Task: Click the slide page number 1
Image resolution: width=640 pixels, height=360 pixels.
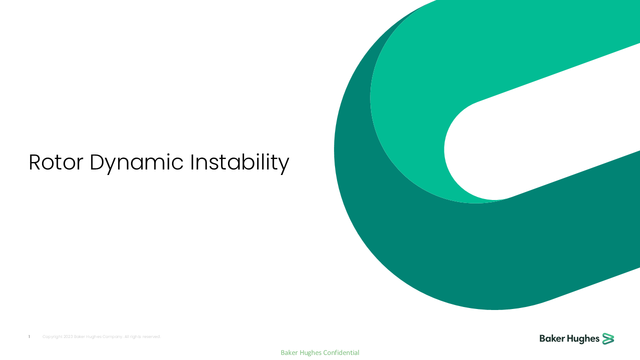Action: click(x=29, y=337)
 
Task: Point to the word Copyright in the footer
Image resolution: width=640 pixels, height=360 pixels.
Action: click(x=52, y=337)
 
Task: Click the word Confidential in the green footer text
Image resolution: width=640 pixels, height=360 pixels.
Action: click(x=341, y=352)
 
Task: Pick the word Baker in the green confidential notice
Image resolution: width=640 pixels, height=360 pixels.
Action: click(x=289, y=352)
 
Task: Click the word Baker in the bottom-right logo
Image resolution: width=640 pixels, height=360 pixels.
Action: click(x=552, y=339)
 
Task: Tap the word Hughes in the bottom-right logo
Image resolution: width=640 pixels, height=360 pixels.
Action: click(x=583, y=339)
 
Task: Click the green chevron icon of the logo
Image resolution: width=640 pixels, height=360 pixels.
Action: click(x=608, y=338)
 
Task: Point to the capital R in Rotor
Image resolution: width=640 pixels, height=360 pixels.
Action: click(x=34, y=162)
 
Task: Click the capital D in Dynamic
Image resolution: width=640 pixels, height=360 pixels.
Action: click(x=96, y=162)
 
